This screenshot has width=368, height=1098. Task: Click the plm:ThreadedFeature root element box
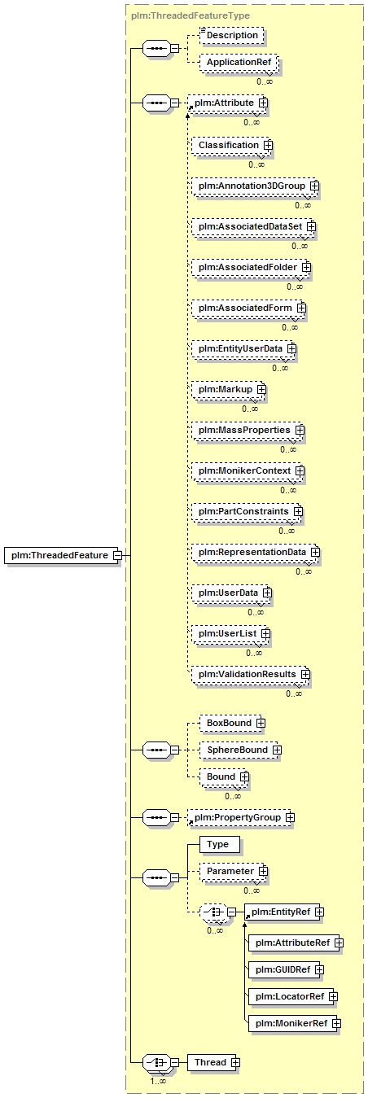(x=62, y=555)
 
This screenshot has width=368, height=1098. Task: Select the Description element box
(x=232, y=35)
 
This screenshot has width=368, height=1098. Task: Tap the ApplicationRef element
(x=239, y=62)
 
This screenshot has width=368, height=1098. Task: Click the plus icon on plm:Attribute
(x=263, y=103)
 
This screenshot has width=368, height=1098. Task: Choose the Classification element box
(x=230, y=145)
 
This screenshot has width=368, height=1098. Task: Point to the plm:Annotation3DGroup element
(x=254, y=186)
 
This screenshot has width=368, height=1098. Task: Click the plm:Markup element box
(x=227, y=389)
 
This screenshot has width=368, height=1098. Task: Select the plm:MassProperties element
(x=247, y=430)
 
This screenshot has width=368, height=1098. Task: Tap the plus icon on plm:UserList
(x=265, y=633)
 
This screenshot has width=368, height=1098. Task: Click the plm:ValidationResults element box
(x=249, y=674)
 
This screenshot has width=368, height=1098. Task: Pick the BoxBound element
(x=230, y=723)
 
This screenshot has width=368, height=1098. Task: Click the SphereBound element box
(x=239, y=750)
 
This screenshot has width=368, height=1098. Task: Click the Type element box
(x=220, y=845)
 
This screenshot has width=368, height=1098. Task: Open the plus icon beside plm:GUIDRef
(x=319, y=969)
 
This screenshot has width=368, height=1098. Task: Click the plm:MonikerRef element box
(x=293, y=1023)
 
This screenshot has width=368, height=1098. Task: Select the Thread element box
(x=212, y=1062)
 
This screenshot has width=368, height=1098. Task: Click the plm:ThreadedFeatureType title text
(x=191, y=15)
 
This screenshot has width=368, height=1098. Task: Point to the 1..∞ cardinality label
(x=158, y=1081)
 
